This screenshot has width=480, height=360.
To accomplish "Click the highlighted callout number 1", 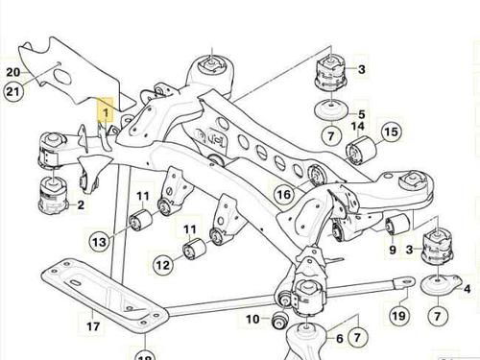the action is [x=106, y=112].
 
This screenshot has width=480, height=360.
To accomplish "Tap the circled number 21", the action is [x=13, y=91].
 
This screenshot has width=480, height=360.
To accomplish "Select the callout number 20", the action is [x=13, y=72].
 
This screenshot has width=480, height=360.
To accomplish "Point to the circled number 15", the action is [x=391, y=132].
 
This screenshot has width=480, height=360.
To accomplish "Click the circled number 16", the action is [x=284, y=194].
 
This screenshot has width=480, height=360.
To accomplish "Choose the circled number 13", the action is [x=99, y=242].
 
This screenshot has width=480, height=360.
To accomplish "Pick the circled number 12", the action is [x=163, y=265].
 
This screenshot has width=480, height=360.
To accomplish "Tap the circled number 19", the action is [x=398, y=316].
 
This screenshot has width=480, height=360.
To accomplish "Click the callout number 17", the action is [x=93, y=326].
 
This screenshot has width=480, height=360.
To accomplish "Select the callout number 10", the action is [x=252, y=319].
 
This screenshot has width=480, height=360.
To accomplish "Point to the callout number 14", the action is [x=358, y=126].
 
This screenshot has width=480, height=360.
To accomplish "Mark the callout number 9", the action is [x=393, y=250].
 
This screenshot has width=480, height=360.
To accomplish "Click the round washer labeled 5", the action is [x=331, y=111].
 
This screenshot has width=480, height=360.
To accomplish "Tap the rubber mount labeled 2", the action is [x=53, y=196].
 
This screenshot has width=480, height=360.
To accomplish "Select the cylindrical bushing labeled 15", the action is [x=362, y=150].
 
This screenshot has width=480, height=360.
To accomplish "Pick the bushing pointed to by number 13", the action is [x=141, y=220].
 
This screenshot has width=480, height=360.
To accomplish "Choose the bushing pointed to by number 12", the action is [x=194, y=249].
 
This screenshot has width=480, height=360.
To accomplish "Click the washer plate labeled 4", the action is [x=441, y=284].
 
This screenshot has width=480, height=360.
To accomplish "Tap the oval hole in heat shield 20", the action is [x=61, y=77].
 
